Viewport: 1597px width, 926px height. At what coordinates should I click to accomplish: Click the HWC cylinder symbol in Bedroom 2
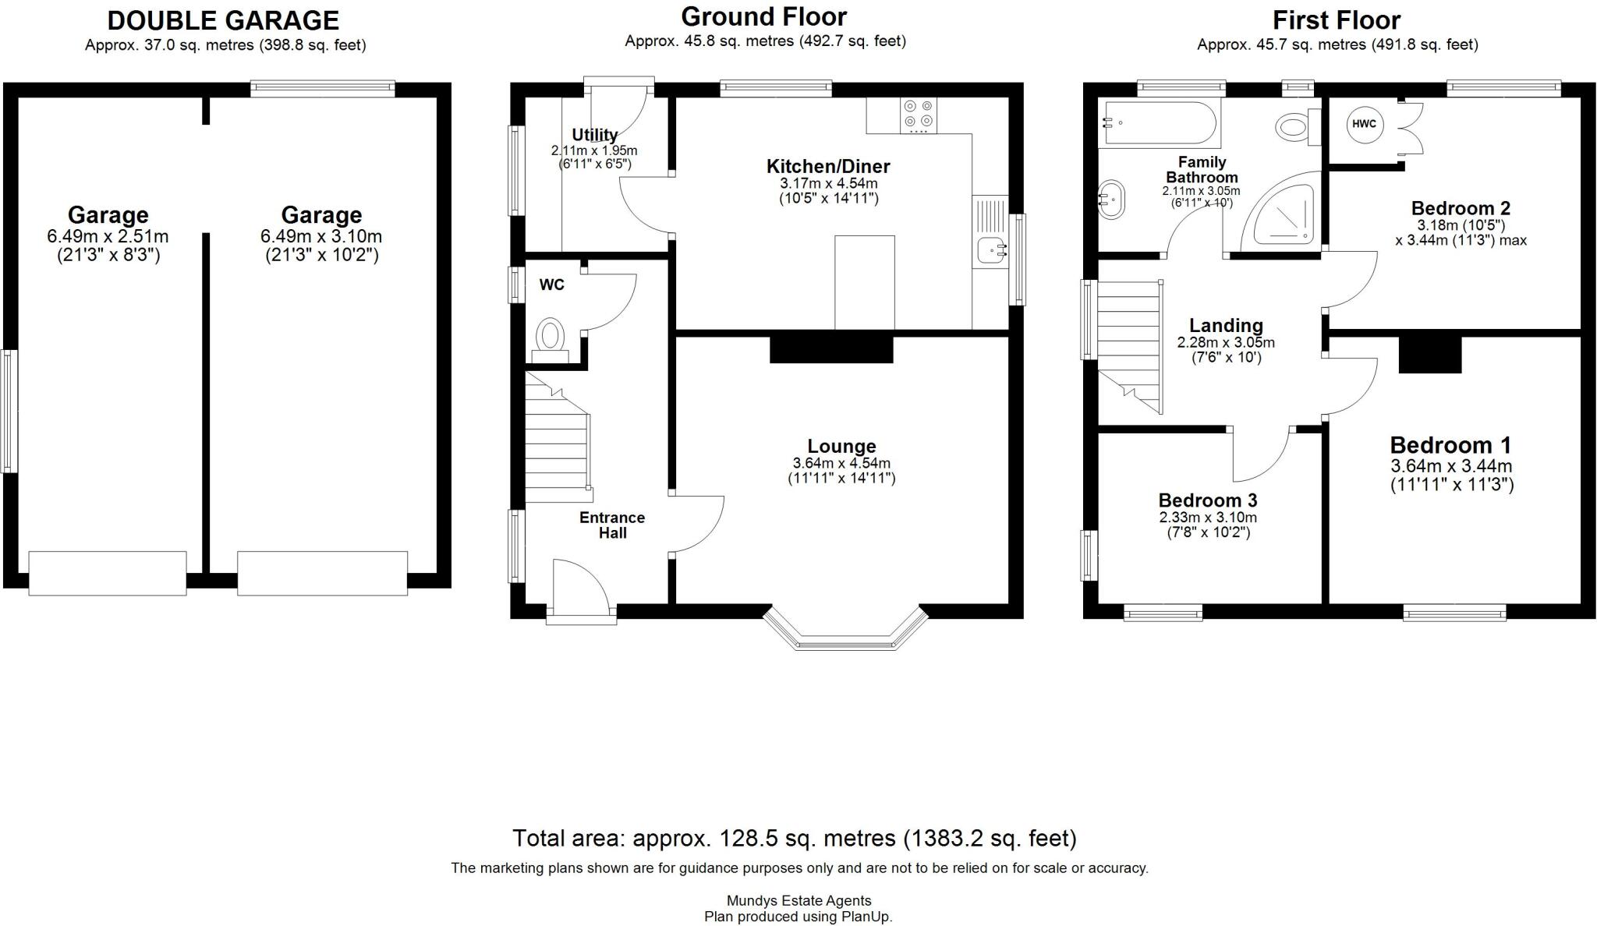(1364, 124)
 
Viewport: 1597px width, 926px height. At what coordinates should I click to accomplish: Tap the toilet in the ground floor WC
(551, 336)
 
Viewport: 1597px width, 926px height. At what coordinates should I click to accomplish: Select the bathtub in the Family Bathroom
(1158, 123)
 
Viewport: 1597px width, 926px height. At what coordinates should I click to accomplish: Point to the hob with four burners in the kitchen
(919, 115)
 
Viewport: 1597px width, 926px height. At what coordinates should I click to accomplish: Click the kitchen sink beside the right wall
(991, 250)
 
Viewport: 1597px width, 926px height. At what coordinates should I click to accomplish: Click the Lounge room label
(841, 446)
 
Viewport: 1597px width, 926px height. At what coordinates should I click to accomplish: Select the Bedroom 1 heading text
(1450, 445)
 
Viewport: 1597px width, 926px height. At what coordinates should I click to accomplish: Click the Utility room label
(594, 135)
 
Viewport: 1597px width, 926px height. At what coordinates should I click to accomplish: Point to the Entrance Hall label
(612, 525)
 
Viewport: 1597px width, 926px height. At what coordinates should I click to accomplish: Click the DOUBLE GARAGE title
(223, 20)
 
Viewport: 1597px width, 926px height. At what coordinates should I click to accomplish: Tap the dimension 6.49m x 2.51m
(108, 236)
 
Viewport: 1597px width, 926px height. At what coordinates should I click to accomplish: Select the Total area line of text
(794, 838)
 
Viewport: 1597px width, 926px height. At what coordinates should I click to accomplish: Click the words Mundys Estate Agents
(798, 900)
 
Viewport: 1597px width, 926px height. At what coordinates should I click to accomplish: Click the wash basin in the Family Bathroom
(1111, 200)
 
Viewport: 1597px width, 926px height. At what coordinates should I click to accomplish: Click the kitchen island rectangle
(864, 282)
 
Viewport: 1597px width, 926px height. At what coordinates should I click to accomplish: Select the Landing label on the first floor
(1226, 325)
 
